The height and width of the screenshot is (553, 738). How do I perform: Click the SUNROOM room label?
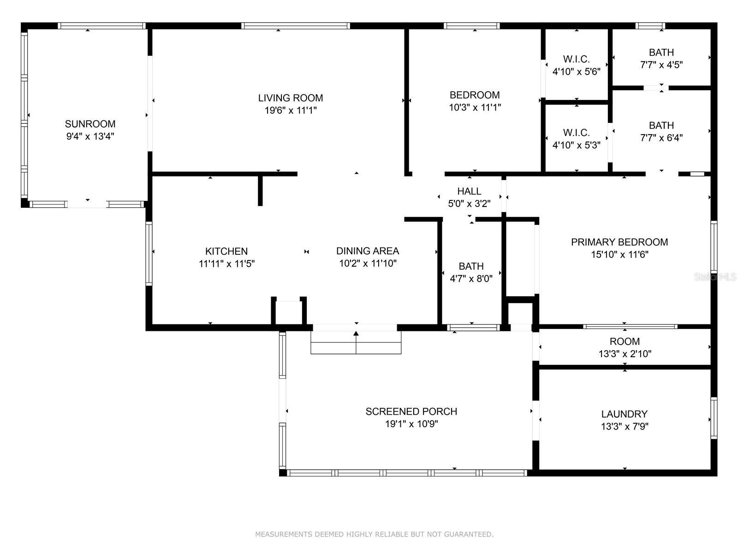(90, 124)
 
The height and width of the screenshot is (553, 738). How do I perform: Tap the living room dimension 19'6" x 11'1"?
(290, 111)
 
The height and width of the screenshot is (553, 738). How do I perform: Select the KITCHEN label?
(226, 251)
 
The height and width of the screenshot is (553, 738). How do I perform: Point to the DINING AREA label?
(367, 251)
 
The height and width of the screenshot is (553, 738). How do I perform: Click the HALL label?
(469, 191)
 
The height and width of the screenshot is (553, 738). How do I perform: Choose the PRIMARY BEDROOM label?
(619, 242)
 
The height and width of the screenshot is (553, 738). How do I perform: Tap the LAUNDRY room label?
(624, 414)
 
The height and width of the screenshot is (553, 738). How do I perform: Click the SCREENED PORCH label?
(411, 412)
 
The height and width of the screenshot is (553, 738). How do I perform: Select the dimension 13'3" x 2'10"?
(625, 354)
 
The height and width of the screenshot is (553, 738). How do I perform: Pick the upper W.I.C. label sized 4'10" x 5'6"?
(576, 59)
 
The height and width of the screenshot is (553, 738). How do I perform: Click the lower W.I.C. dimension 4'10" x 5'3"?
(576, 145)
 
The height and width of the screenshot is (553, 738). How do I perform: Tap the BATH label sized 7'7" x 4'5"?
(661, 53)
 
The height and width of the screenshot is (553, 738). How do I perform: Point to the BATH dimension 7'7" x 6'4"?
(661, 138)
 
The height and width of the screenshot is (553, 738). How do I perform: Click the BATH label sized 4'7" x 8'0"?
(471, 266)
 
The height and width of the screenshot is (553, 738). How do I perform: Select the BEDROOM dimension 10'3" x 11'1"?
(475, 107)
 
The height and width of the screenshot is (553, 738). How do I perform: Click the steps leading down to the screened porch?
(356, 342)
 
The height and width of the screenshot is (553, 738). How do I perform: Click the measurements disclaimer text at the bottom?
(374, 535)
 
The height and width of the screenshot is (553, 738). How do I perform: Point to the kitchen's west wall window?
(149, 253)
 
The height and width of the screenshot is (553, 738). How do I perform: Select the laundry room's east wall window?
(714, 418)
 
